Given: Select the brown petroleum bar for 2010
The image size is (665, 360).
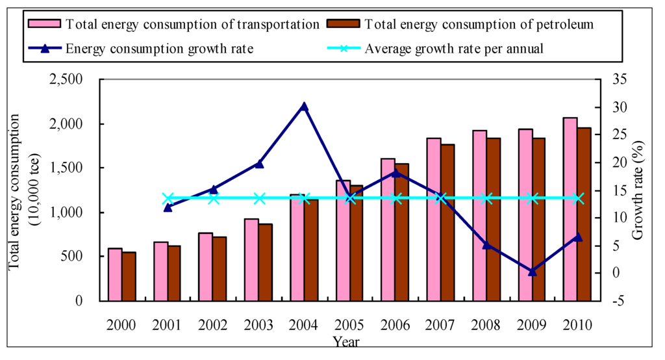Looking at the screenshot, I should click(584, 214).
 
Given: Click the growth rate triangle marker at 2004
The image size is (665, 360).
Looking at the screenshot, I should click(304, 107).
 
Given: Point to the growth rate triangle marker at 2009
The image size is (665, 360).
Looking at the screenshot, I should click(533, 272).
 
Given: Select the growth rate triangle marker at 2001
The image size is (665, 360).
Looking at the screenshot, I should click(168, 207).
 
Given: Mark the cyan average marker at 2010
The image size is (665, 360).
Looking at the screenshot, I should click(578, 198).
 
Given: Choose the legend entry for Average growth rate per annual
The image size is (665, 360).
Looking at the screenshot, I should click(453, 49).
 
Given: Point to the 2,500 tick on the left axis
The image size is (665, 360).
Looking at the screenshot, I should click(76, 80).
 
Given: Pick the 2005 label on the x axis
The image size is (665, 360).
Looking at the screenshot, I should click(349, 326).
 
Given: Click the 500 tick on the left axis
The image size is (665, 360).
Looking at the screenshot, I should click(81, 257).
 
